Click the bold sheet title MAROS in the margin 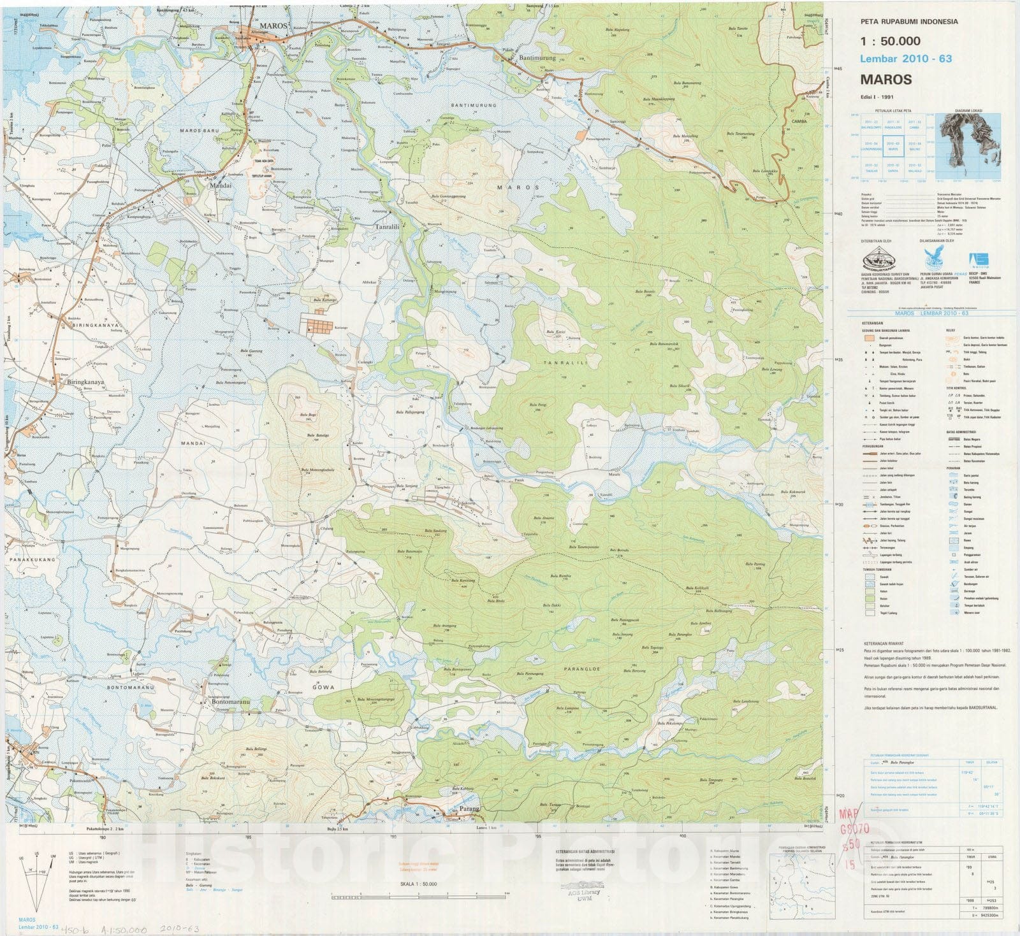[885, 80]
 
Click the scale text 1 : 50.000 [890, 41]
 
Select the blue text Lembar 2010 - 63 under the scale [906, 59]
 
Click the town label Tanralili [387, 226]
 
